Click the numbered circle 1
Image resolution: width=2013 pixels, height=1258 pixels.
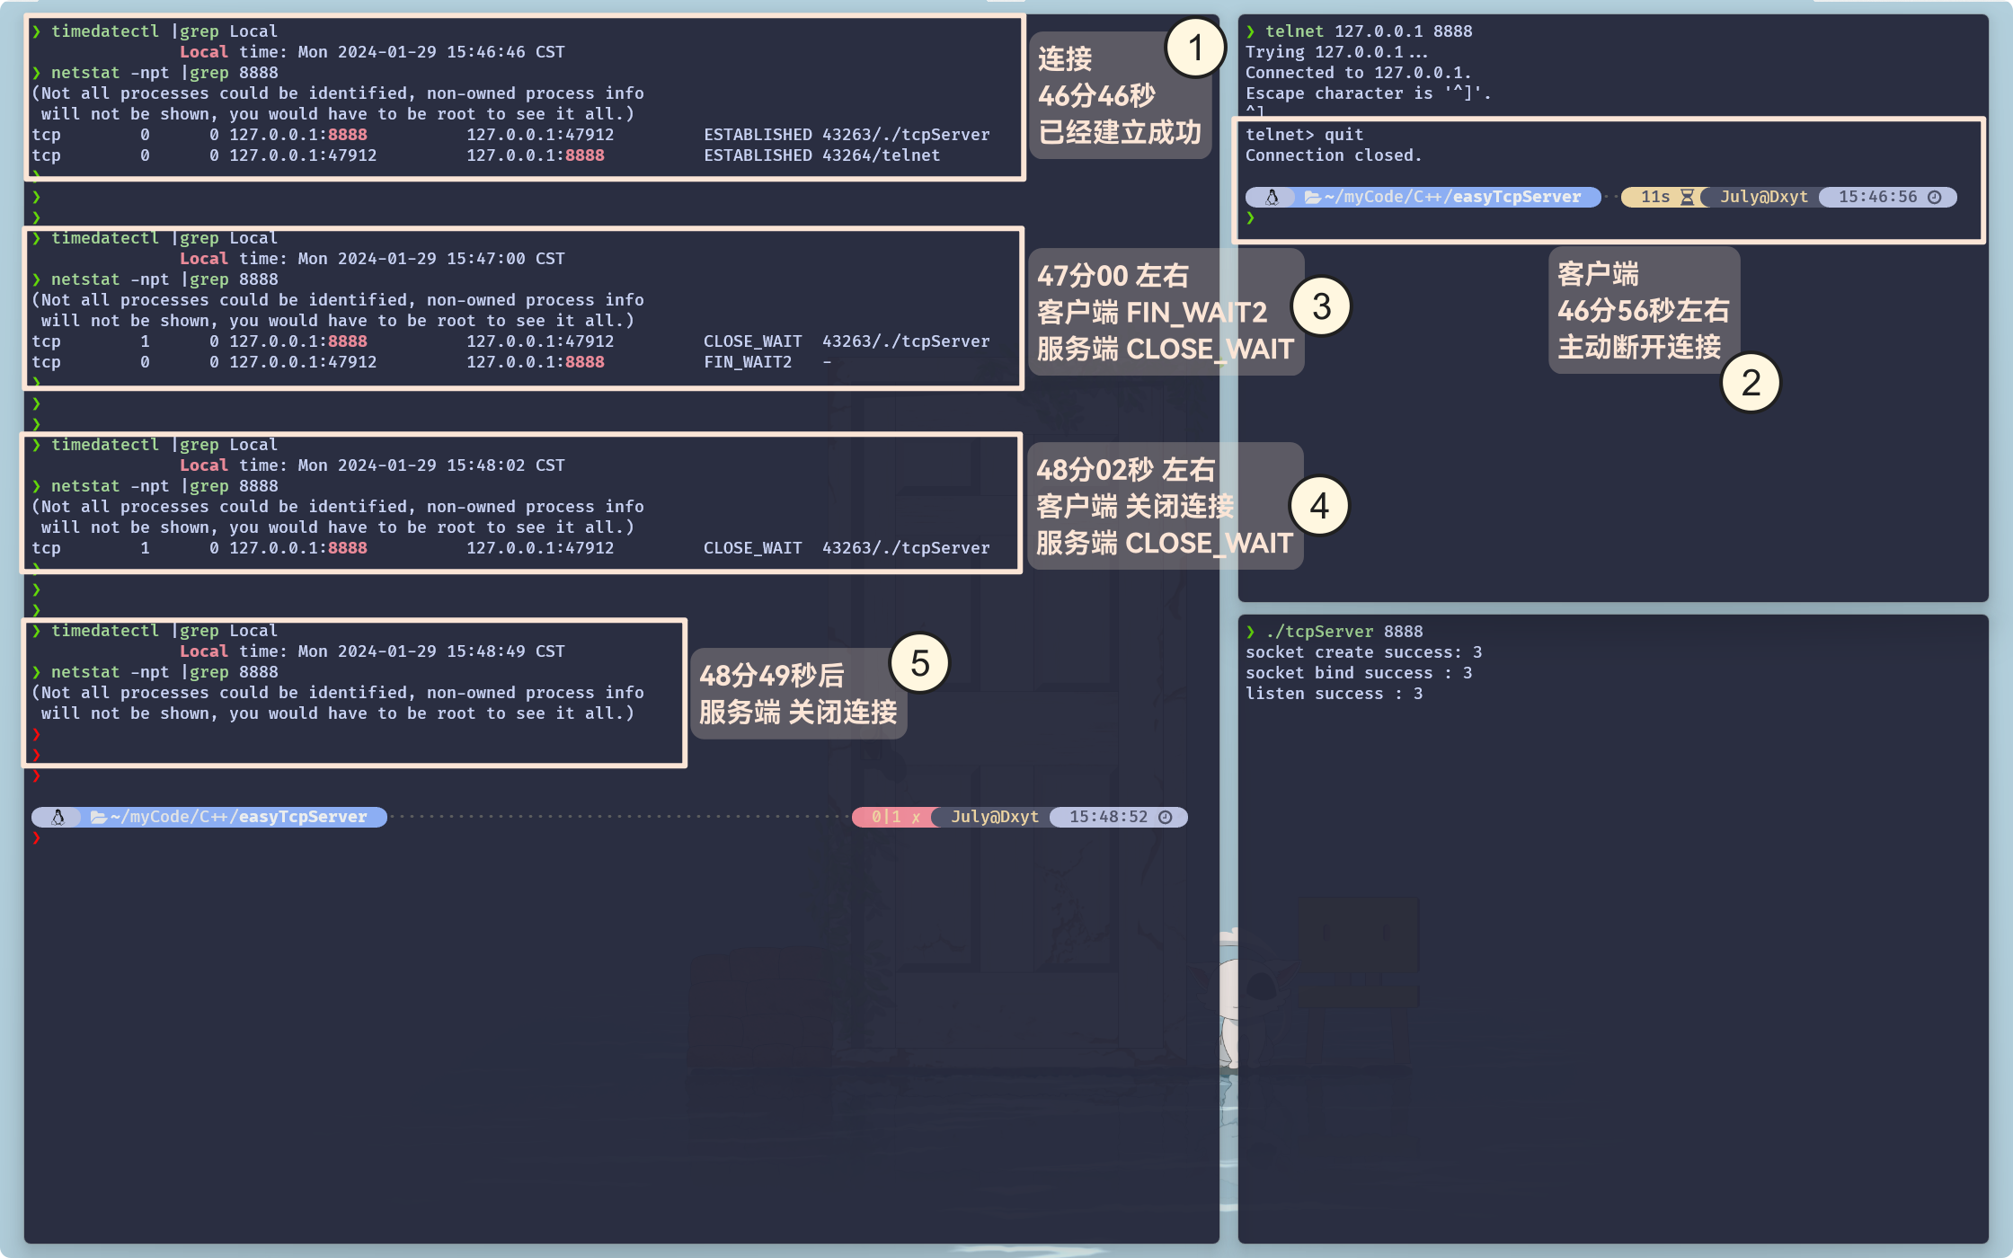pos(1195,48)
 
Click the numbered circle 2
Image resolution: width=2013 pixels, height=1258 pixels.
pos(1750,383)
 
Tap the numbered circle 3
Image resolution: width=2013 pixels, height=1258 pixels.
pos(1320,306)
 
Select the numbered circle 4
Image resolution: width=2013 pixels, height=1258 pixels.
pos(1318,506)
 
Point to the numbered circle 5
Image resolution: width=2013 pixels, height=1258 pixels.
pos(919,663)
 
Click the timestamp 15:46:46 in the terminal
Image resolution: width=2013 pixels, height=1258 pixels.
pos(485,52)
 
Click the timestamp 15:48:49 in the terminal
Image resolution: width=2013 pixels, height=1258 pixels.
pos(485,651)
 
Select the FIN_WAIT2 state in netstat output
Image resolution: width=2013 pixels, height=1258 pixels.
pos(748,362)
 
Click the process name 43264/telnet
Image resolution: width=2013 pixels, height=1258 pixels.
pos(881,155)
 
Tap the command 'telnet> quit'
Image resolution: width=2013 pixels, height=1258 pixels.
pos(1304,135)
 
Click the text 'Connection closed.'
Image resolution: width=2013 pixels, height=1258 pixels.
pos(1333,155)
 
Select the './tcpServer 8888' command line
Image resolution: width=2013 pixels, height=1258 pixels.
pos(1343,632)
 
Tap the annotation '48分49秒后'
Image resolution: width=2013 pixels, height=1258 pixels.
pos(771,676)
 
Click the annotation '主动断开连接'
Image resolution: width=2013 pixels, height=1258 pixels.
pos(1638,347)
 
